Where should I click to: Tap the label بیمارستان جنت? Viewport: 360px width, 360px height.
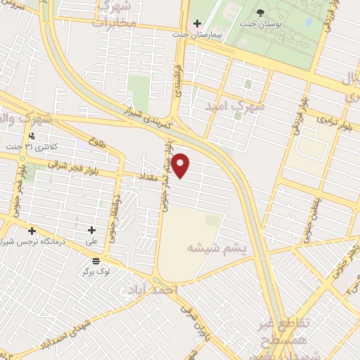point(203,33)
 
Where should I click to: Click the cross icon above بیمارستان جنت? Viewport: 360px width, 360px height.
point(197,23)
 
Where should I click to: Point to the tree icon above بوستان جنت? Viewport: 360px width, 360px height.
point(261,13)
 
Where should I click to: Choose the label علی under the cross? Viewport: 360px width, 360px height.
point(91,240)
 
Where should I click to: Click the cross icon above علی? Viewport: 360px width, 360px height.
point(91,230)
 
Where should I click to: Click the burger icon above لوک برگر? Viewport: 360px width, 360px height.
point(96,261)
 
